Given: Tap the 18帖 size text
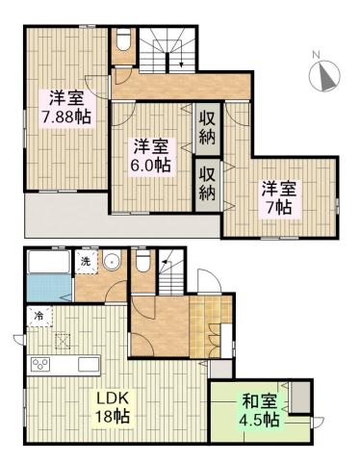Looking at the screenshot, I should coord(113,417).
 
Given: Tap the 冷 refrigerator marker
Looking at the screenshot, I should coord(39,314).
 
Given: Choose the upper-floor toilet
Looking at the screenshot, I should coord(122,42).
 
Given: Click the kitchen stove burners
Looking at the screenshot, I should coord(42,364).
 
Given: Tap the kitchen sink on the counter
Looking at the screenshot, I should coord(86,364).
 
